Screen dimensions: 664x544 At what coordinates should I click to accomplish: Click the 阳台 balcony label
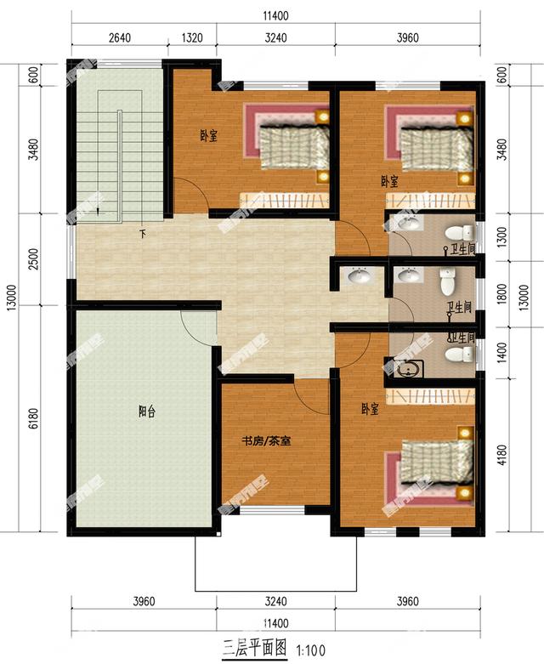pyautogui.click(x=145, y=410)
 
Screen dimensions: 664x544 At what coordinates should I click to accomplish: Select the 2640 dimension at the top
pyautogui.click(x=125, y=37)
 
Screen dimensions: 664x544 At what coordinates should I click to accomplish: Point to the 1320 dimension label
pyautogui.click(x=193, y=37)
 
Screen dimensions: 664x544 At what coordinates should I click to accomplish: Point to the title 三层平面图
pyautogui.click(x=255, y=649)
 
